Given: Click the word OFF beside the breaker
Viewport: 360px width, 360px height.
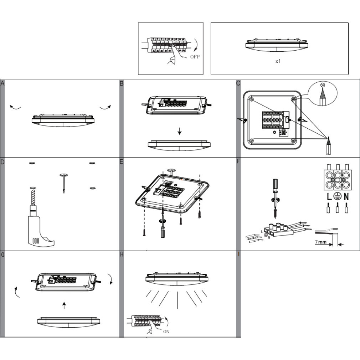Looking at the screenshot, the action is [x=195, y=57].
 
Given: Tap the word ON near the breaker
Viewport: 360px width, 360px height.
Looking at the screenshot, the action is [x=166, y=331].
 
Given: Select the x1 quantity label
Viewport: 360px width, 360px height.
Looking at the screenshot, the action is [x=278, y=61].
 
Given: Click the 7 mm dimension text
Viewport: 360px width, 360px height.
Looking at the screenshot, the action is [x=320, y=242].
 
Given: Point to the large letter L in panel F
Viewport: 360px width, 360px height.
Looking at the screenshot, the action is [x=329, y=196].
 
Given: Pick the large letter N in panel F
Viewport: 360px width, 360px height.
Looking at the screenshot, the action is [x=346, y=196].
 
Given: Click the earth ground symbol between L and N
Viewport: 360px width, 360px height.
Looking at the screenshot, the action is [x=338, y=196].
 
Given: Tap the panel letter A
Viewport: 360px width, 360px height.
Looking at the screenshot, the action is [x=2, y=83].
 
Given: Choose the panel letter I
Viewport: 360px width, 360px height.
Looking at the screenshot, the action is [x=239, y=254].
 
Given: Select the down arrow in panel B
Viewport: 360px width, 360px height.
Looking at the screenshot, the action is [x=180, y=131].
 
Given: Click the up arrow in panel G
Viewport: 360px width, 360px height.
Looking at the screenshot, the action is [x=64, y=305].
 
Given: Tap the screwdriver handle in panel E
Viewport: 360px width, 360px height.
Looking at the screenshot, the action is [x=163, y=232].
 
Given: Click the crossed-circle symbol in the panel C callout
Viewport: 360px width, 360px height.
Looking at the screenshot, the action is [x=323, y=84].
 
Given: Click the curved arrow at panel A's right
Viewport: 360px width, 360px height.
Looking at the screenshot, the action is [x=106, y=107].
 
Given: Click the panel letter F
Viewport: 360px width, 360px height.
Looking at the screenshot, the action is [x=238, y=161].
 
